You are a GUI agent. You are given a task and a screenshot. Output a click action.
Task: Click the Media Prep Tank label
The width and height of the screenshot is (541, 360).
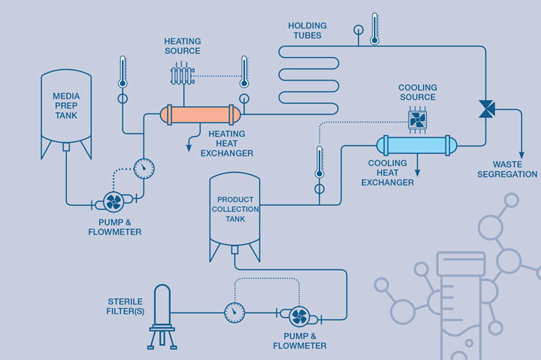(x=66, y=106)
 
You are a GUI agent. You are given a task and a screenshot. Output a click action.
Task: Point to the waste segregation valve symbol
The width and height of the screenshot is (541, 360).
(x=485, y=110)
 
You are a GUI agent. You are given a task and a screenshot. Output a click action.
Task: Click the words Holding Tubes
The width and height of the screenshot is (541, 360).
(x=306, y=30)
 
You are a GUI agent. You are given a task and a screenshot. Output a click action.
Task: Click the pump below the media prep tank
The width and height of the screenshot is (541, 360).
(x=114, y=201)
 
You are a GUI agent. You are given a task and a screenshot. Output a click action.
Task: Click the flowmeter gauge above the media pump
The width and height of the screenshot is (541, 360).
(x=143, y=166)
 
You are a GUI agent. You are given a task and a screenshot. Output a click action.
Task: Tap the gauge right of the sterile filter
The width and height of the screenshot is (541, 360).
(x=235, y=310)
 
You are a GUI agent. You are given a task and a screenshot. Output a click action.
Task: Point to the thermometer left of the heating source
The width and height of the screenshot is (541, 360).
(x=122, y=73)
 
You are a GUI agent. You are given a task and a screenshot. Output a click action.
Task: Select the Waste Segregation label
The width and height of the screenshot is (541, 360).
(x=515, y=169)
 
